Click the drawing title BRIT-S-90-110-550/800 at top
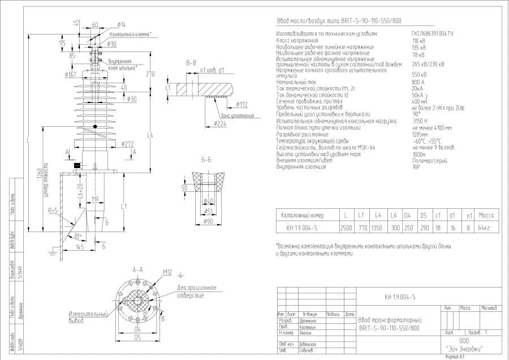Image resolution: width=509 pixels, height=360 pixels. (339, 22)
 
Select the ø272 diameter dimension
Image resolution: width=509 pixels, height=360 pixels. (126, 144)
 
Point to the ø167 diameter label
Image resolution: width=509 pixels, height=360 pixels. (71, 75)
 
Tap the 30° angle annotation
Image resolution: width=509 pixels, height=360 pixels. (77, 236)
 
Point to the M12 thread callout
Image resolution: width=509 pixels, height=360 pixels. (167, 273)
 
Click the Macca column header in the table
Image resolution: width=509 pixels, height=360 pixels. (486, 216)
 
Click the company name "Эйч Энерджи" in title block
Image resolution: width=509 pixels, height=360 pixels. (464, 349)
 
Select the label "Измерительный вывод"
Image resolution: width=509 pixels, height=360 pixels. (88, 317)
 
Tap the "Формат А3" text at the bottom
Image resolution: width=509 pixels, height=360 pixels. (455, 357)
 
